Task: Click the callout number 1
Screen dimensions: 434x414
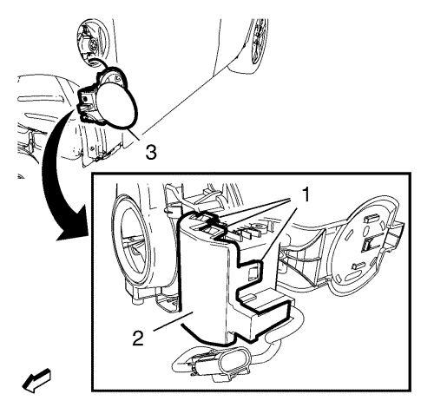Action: [x=305, y=194]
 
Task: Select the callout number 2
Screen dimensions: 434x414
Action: [x=138, y=338]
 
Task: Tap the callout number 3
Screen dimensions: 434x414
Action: [x=151, y=152]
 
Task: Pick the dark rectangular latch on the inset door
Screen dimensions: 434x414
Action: [x=368, y=246]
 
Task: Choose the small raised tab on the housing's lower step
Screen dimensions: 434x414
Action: [x=251, y=296]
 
